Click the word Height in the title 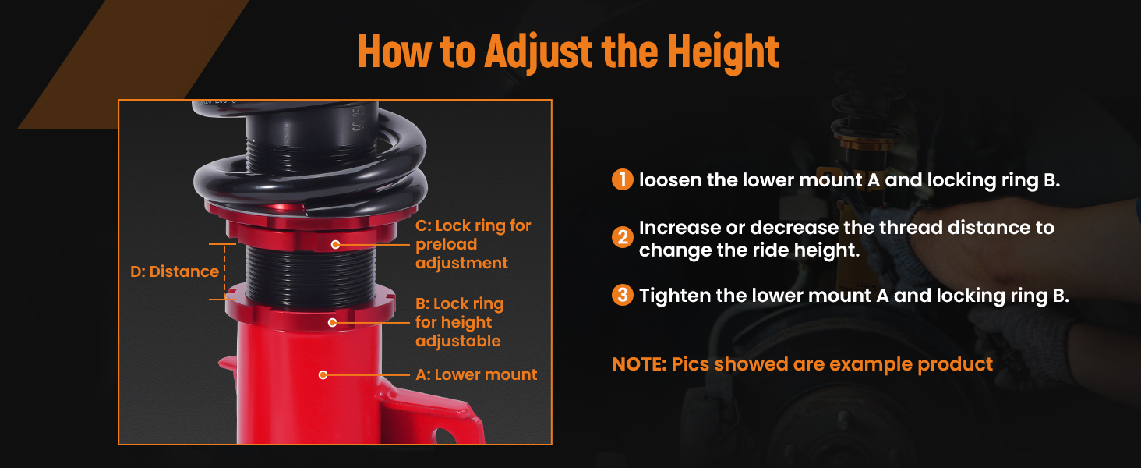pyautogui.click(x=723, y=51)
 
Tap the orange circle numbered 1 pyautogui.click(x=623, y=179)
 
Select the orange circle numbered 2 pyautogui.click(x=623, y=237)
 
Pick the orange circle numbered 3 pyautogui.click(x=623, y=295)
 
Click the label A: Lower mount pyautogui.click(x=476, y=374)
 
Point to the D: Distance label pyautogui.click(x=175, y=271)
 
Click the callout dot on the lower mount pyautogui.click(x=323, y=374)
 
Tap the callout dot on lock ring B pyautogui.click(x=332, y=322)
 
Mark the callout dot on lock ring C pyautogui.click(x=335, y=245)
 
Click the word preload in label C pyautogui.click(x=447, y=245)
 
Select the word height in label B pyautogui.click(x=467, y=323)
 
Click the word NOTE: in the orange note pyautogui.click(x=639, y=364)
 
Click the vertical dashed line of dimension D pyautogui.click(x=224, y=271)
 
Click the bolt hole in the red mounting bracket pyautogui.click(x=444, y=436)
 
